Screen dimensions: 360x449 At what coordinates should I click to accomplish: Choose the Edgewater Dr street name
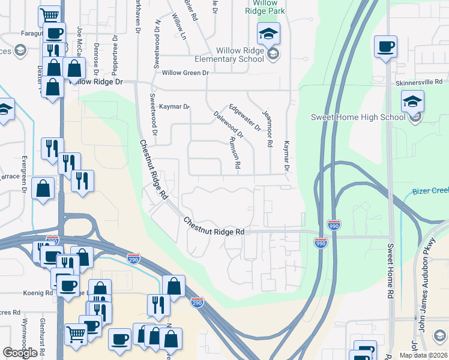coord(245,116)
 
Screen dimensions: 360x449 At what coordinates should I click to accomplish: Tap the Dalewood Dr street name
coord(229,124)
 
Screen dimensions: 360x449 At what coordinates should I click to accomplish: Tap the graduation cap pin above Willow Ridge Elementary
coord(268,34)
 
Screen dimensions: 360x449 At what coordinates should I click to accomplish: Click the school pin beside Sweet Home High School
coord(412,101)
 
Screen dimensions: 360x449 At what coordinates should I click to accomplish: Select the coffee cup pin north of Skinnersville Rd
coord(385,46)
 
